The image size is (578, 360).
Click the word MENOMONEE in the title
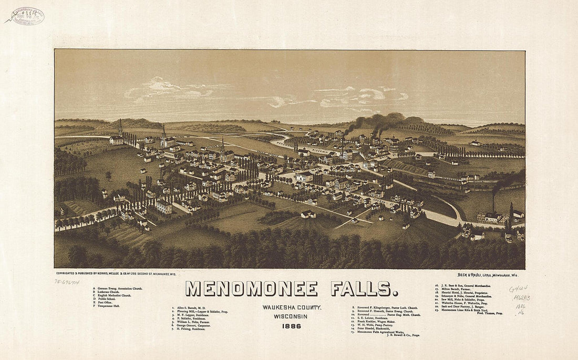point(252,289)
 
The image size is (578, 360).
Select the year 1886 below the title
point(291,326)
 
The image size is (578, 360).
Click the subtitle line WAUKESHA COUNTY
point(292,307)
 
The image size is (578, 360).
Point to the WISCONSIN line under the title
point(291,316)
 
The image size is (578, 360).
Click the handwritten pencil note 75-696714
point(67,282)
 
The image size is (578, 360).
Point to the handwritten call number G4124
point(518,289)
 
